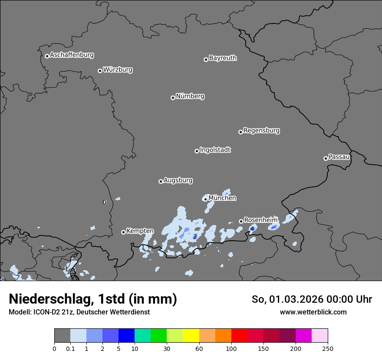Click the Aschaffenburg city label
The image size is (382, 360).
click(x=72, y=55)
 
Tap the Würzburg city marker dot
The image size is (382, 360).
click(x=100, y=71)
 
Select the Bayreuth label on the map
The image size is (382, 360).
click(x=223, y=58)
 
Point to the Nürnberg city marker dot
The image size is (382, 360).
click(x=173, y=98)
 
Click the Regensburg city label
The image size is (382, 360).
click(x=261, y=131)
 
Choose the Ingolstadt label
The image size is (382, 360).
click(x=215, y=150)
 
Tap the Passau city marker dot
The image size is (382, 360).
click(x=326, y=158)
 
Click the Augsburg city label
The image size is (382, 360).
click(x=178, y=180)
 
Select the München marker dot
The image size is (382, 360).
click(x=205, y=200)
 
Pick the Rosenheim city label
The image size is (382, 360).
click(x=260, y=220)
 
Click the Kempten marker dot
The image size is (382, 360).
click(x=123, y=232)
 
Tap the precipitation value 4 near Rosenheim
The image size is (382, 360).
click(x=252, y=229)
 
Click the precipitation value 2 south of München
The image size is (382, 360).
click(x=195, y=236)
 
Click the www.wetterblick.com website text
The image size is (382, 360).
click(x=313, y=312)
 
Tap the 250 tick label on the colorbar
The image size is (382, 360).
click(x=328, y=348)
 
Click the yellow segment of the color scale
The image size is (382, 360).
click(x=191, y=336)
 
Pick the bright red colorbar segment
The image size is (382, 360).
click(x=239, y=336)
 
